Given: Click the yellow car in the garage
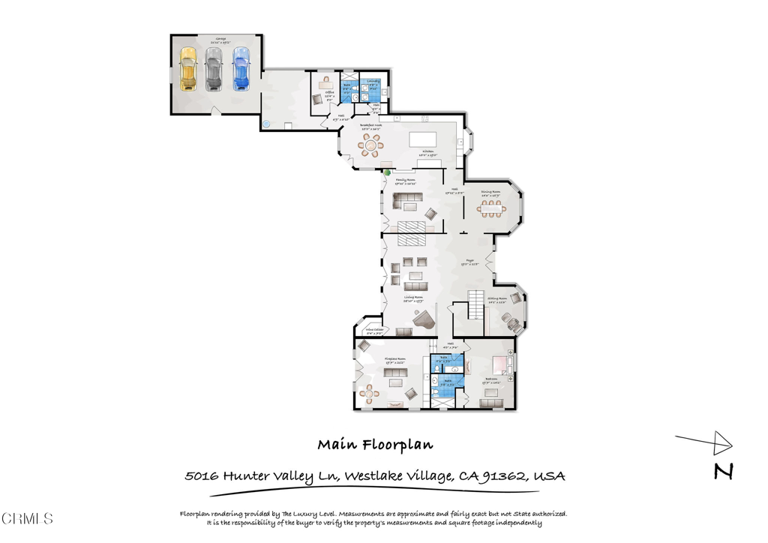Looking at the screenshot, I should (187, 69).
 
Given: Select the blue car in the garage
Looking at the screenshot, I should (240, 69).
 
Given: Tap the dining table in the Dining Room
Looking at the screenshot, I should (490, 209).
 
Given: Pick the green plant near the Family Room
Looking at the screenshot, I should (388, 173).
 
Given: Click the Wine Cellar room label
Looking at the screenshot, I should (375, 329).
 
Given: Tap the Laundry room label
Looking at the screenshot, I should (373, 81).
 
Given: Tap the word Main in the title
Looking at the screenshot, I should (334, 444).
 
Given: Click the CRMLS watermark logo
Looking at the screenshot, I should (27, 518).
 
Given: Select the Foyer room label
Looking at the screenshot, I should (469, 263).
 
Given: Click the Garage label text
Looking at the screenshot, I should (221, 38).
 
